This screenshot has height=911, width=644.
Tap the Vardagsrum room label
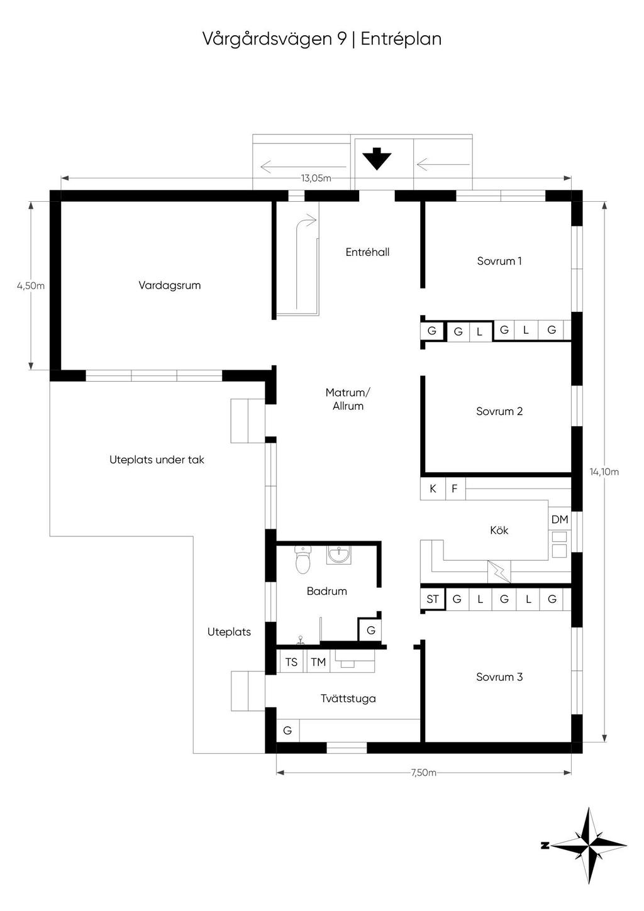[x=169, y=285]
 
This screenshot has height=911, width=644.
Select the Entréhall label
[x=367, y=252]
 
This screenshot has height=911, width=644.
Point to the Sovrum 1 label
[x=499, y=261]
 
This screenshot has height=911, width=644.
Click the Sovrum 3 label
[x=499, y=676]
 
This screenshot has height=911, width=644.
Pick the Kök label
[x=499, y=530]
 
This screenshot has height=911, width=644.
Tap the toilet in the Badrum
[x=303, y=560]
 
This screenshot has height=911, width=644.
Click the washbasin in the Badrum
[x=338, y=555]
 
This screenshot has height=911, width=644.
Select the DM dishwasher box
[x=559, y=519]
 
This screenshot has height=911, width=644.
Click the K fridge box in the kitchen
[x=433, y=488]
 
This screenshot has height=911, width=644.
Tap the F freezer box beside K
[x=455, y=488]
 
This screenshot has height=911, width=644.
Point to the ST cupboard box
[x=433, y=599]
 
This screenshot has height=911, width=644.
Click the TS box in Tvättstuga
[x=291, y=662]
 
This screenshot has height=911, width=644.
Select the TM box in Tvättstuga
[x=318, y=662]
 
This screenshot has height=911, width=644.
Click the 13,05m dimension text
[x=316, y=178]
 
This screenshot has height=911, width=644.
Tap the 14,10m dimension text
[x=604, y=472]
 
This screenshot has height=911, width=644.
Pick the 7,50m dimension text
[x=423, y=773]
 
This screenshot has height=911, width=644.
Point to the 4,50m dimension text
[x=31, y=285]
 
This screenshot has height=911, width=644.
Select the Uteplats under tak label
[x=157, y=460]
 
